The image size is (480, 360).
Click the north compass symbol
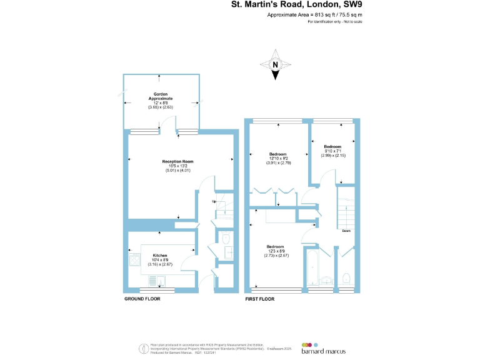pos(274,66)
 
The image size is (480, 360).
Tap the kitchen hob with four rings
pos(133,259)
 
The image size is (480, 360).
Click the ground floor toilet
pos(226,239)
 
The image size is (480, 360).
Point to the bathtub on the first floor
pos(312,269)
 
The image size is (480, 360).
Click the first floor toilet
pos(346,277)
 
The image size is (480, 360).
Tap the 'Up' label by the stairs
pos(214,202)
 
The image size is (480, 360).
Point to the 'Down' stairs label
pos(346,231)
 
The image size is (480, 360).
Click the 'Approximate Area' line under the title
pos(314,14)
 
